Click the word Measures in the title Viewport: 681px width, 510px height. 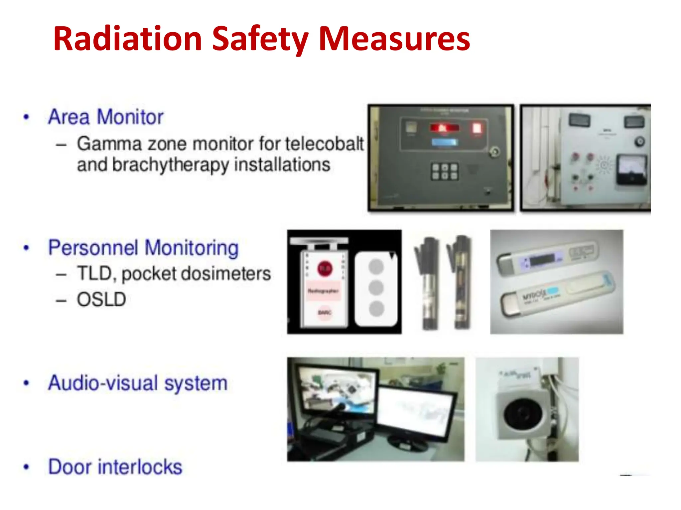pos(394,39)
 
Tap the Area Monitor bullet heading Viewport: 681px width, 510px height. pos(106,117)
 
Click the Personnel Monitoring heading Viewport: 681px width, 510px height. pos(143,248)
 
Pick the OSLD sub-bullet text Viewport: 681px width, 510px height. pos(101,299)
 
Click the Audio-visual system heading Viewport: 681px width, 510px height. pos(138,383)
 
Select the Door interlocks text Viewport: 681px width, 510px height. pos(115,467)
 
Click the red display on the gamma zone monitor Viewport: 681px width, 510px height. pos(444,128)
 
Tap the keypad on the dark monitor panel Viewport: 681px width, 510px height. pos(445,172)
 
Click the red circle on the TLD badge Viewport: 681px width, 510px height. pos(325,269)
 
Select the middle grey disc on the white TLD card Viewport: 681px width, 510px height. pos(376,288)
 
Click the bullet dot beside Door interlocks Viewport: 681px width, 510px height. pos(26,467)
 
